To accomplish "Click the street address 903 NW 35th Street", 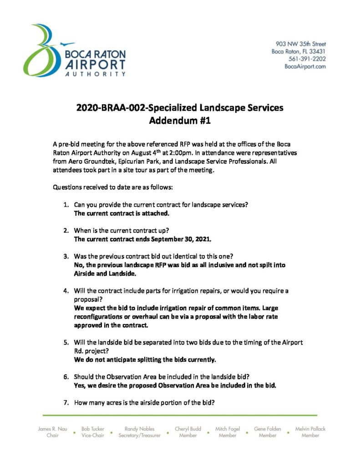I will tap(301, 44).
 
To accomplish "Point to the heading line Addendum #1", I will tap(180, 121).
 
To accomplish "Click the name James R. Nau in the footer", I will tap(52, 429).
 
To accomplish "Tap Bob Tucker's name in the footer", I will tap(92, 429).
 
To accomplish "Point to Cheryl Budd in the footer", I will tap(188, 429).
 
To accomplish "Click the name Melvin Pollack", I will tap(310, 429).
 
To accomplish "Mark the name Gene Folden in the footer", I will tap(267, 429).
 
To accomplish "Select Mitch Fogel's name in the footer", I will tap(228, 429).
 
